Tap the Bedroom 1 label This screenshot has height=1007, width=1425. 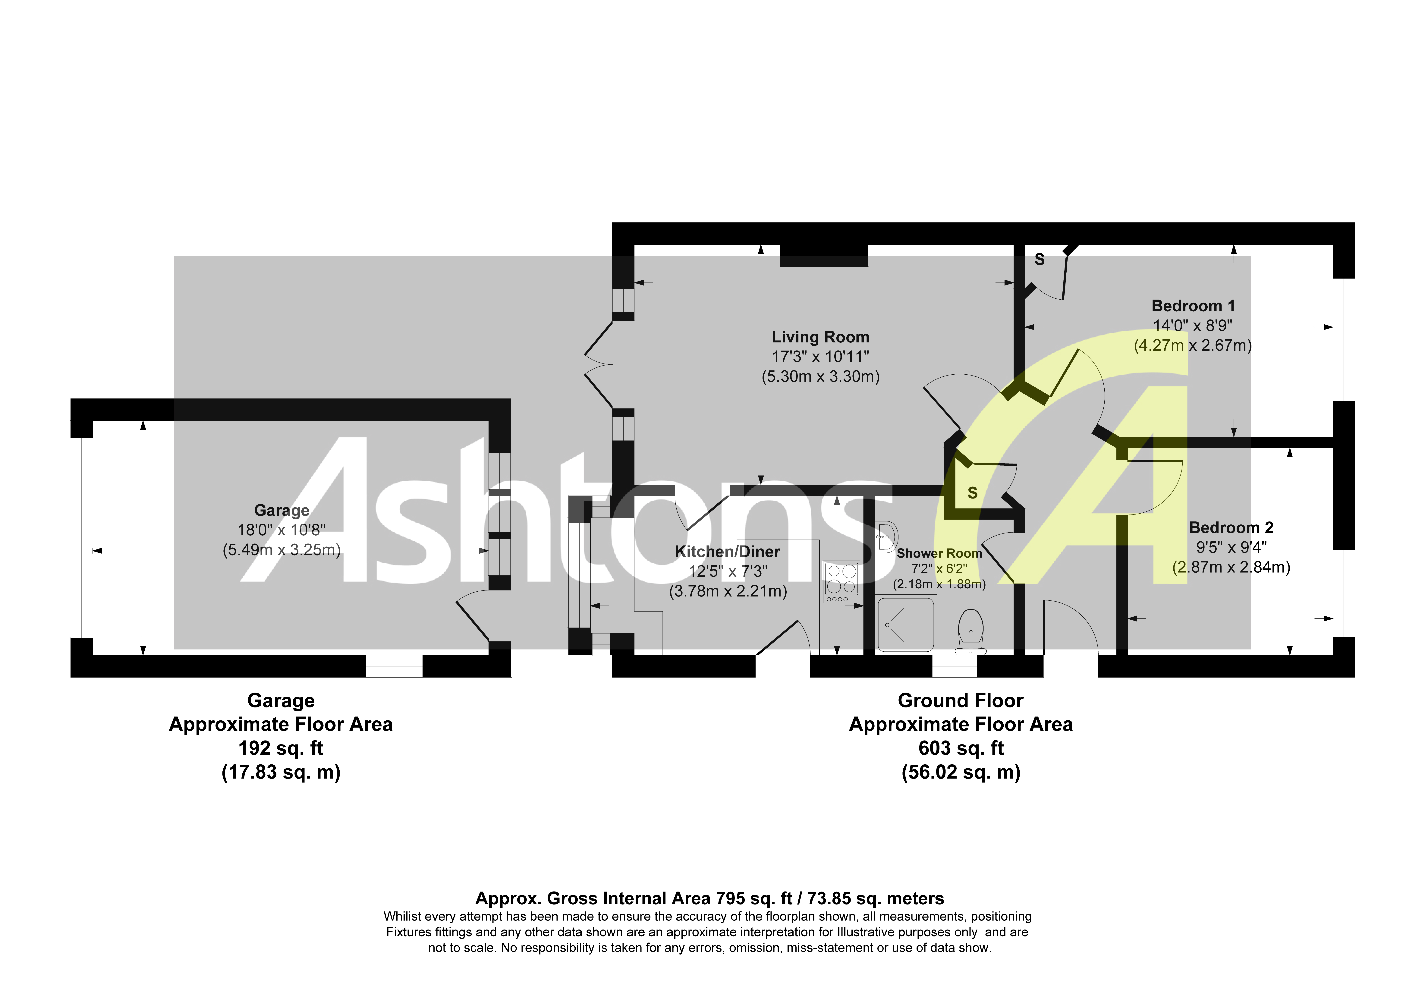pos(1193,306)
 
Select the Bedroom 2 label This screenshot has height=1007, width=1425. pos(1231,528)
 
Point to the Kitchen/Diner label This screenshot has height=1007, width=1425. pos(727,551)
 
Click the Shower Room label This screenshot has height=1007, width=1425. pos(939,553)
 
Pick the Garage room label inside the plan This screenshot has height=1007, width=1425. pos(282,510)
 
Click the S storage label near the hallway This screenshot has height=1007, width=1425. pos(973,493)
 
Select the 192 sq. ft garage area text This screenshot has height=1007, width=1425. pos(281,748)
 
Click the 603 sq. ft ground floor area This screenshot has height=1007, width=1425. pos(961,748)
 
